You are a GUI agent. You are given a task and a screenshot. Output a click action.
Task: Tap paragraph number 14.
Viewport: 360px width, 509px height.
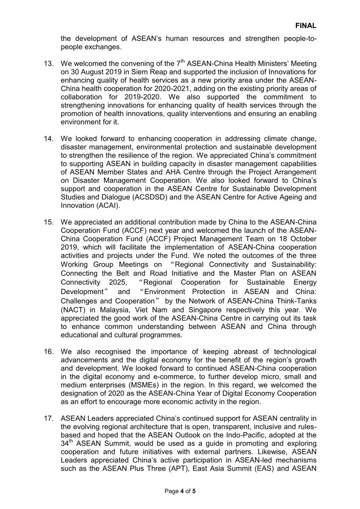tap(49, 144)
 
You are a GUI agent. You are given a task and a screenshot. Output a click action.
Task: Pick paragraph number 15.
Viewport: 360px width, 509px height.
tap(49, 233)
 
